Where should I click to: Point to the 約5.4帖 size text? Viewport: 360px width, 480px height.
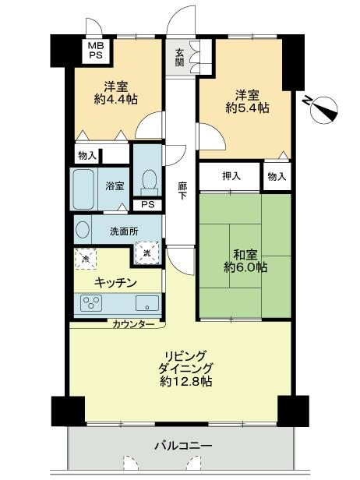pyautogui.click(x=248, y=109)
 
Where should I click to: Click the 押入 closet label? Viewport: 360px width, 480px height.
pyautogui.click(x=230, y=176)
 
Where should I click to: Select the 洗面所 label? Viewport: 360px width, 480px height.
pyautogui.click(x=125, y=231)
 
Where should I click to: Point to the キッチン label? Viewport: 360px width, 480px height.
pyautogui.click(x=117, y=282)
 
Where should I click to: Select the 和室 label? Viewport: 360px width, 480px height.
pyautogui.click(x=245, y=252)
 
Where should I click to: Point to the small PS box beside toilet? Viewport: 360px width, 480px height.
pyautogui.click(x=146, y=205)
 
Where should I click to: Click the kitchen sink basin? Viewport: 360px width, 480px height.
pyautogui.click(x=146, y=302)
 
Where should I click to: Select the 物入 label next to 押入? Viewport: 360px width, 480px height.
pyautogui.click(x=277, y=176)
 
